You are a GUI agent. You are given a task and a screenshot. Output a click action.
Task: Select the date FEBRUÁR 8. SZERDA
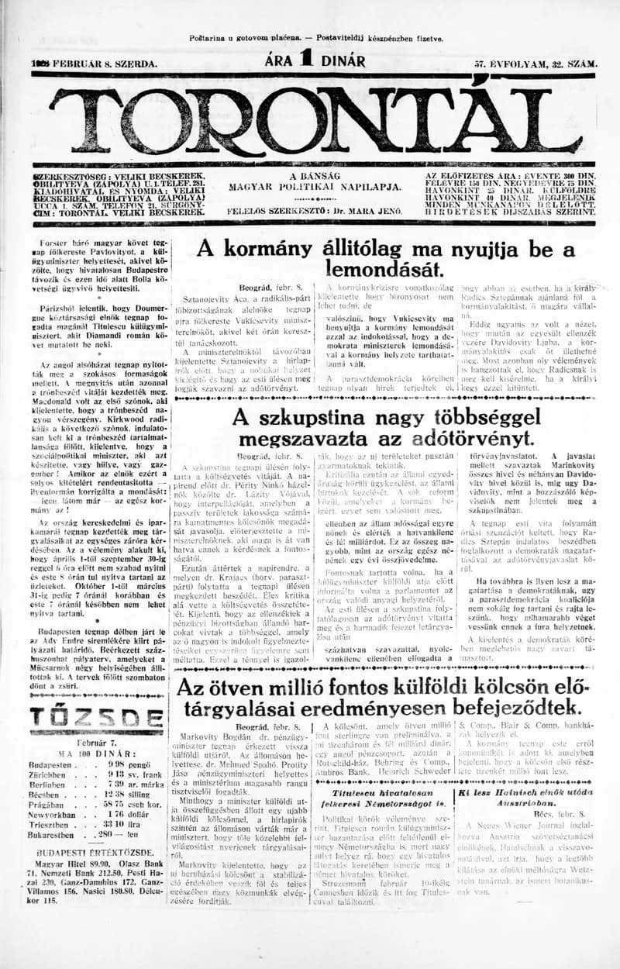[x=93, y=64]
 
